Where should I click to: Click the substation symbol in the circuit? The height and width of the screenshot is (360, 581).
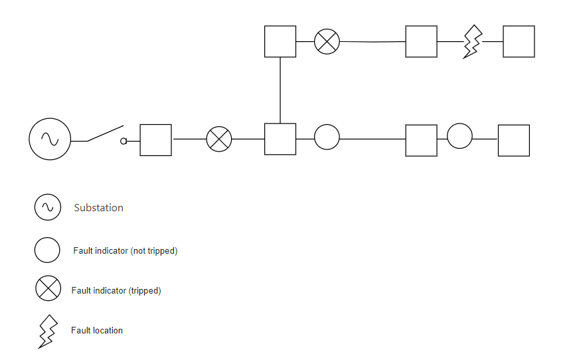coord(49,139)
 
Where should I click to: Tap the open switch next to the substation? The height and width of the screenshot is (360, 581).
coord(106,134)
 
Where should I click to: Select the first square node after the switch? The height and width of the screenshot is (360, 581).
coord(155,140)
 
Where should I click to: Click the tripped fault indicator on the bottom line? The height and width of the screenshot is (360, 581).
coord(219,139)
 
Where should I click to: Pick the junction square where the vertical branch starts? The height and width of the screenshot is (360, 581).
coord(280,139)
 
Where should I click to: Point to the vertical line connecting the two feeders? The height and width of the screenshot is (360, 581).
coord(280,90)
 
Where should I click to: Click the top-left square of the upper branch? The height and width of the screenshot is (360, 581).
coord(280,41)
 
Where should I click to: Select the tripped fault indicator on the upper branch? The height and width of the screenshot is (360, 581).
coord(327,41)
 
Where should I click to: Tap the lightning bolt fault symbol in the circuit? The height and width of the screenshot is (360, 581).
coord(472,42)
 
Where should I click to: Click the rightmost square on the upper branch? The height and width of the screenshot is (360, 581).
coord(519,41)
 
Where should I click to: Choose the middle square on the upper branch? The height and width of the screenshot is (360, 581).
coord(422,41)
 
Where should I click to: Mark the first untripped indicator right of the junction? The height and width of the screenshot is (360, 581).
coord(327,137)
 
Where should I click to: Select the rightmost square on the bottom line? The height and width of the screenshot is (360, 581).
coord(514,140)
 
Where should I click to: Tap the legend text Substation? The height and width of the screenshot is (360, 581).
coord(99,208)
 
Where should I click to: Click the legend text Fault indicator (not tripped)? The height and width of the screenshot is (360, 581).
coord(125,251)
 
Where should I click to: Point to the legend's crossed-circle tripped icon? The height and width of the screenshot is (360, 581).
coord(48,289)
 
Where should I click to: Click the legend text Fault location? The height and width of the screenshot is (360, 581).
coord(97,330)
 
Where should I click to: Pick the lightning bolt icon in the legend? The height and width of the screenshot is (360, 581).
coord(47,331)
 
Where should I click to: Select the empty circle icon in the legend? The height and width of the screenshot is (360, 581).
coord(48,250)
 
